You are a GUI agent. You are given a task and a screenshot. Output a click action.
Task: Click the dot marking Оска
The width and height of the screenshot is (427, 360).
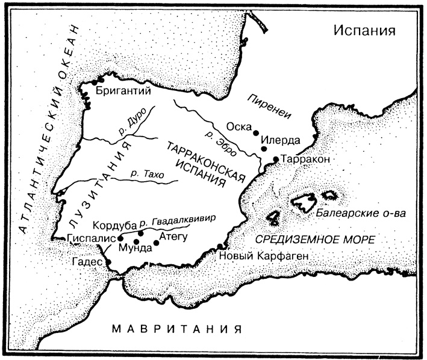pyautogui.click(x=256, y=132)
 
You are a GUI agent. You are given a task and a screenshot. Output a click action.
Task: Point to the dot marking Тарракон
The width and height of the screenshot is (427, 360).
pyautogui.click(x=275, y=159)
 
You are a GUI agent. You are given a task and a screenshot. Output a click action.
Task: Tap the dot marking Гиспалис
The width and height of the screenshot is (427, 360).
pyautogui.click(x=121, y=238)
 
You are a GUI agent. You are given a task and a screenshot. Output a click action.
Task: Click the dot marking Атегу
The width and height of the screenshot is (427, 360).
pyautogui.click(x=157, y=243)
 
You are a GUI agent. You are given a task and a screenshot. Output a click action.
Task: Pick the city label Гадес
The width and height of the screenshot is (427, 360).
pyautogui.click(x=86, y=262)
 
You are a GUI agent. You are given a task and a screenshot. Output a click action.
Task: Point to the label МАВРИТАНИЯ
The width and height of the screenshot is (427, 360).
pyautogui.click(x=171, y=330)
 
